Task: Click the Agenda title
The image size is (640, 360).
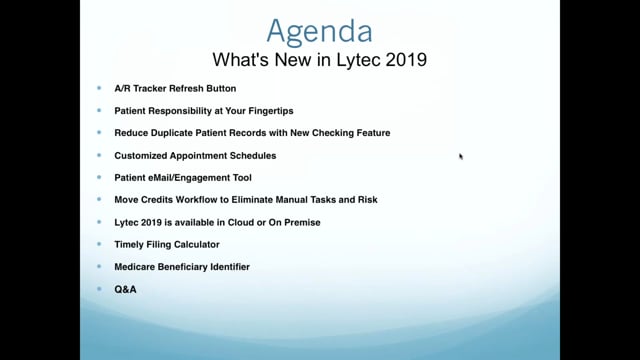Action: tap(319, 31)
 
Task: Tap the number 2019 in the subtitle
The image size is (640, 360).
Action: tap(406, 60)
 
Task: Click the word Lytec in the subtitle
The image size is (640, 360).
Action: tap(358, 60)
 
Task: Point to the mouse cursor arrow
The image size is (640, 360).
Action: tap(461, 156)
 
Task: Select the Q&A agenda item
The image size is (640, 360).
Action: tap(125, 289)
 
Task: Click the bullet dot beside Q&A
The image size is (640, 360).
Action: tap(99, 289)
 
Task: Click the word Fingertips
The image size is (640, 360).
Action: tap(271, 111)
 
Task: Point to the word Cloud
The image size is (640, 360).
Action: tap(242, 222)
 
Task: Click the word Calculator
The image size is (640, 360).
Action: tap(198, 244)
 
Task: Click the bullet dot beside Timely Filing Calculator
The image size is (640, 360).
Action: tap(99, 244)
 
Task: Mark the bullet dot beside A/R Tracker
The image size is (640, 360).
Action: tap(99, 88)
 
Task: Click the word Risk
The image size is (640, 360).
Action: tap(368, 200)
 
